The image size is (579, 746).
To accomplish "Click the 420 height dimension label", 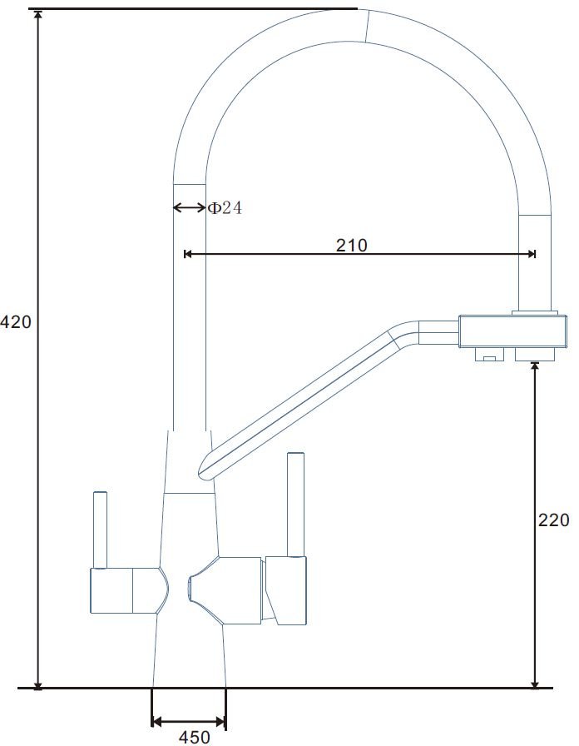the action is [x=15, y=322].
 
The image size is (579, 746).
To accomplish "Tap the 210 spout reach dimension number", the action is [x=352, y=245].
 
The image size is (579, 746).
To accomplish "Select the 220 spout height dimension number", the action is [x=553, y=520].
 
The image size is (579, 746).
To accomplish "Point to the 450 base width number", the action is [x=194, y=737].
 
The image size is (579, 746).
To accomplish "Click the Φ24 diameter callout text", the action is [x=225, y=208].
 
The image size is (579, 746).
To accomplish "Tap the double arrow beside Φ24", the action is [x=189, y=207].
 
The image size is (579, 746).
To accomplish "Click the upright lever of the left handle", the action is [x=100, y=530].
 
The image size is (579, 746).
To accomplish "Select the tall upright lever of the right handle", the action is [x=295, y=505].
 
